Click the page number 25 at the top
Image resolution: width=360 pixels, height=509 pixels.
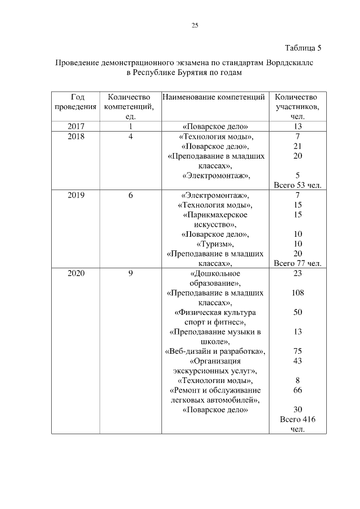click(195, 25)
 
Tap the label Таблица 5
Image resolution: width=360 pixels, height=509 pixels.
click(303, 47)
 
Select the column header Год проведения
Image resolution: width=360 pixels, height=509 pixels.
click(75, 102)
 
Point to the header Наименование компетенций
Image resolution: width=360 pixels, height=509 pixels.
click(214, 97)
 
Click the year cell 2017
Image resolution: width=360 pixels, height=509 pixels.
click(75, 127)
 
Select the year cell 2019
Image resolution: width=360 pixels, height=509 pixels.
click(75, 195)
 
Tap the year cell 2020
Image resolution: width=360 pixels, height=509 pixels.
click(75, 274)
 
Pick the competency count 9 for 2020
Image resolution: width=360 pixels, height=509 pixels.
click(130, 274)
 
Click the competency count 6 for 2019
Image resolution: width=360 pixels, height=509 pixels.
click(130, 195)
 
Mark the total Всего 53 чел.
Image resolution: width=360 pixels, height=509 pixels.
click(297, 185)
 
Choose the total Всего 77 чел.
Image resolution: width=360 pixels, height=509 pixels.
click(297, 263)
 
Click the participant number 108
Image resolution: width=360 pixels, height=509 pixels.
click(298, 293)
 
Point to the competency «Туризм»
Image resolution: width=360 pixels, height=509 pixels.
click(215, 244)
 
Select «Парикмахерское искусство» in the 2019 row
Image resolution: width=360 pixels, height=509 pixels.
click(215, 219)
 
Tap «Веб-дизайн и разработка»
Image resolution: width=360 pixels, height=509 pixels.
click(215, 352)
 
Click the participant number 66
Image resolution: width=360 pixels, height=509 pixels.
click(298, 390)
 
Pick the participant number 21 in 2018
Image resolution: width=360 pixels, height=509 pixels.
click(298, 146)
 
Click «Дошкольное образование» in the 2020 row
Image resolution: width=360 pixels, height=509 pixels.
click(215, 278)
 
